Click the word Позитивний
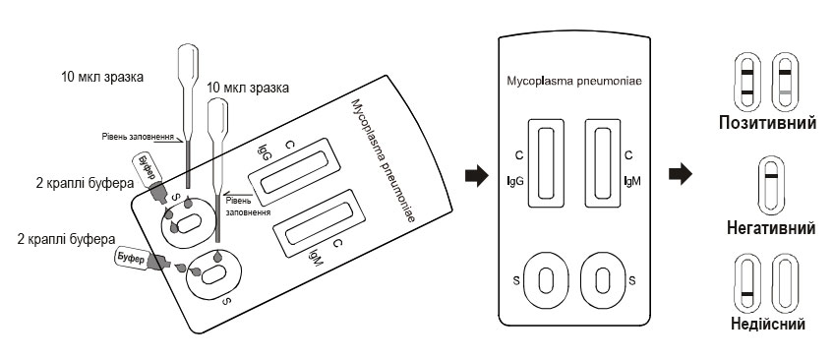coord(768,123)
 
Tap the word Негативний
coord(771,228)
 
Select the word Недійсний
coord(768,324)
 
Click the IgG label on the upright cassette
coord(515,182)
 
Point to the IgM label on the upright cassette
coord(632,182)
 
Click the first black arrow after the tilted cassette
coord(477,176)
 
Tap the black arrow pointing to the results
coord(681,174)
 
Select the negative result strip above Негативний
coord(770,185)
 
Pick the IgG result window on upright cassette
coord(546,163)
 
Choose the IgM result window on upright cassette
coord(603,163)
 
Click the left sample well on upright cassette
coord(546,279)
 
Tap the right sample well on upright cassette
coord(602,279)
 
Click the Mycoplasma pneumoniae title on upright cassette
coord(573,82)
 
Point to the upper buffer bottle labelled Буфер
coord(150,177)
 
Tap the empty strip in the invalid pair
coord(784,284)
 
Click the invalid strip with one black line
coord(746,284)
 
